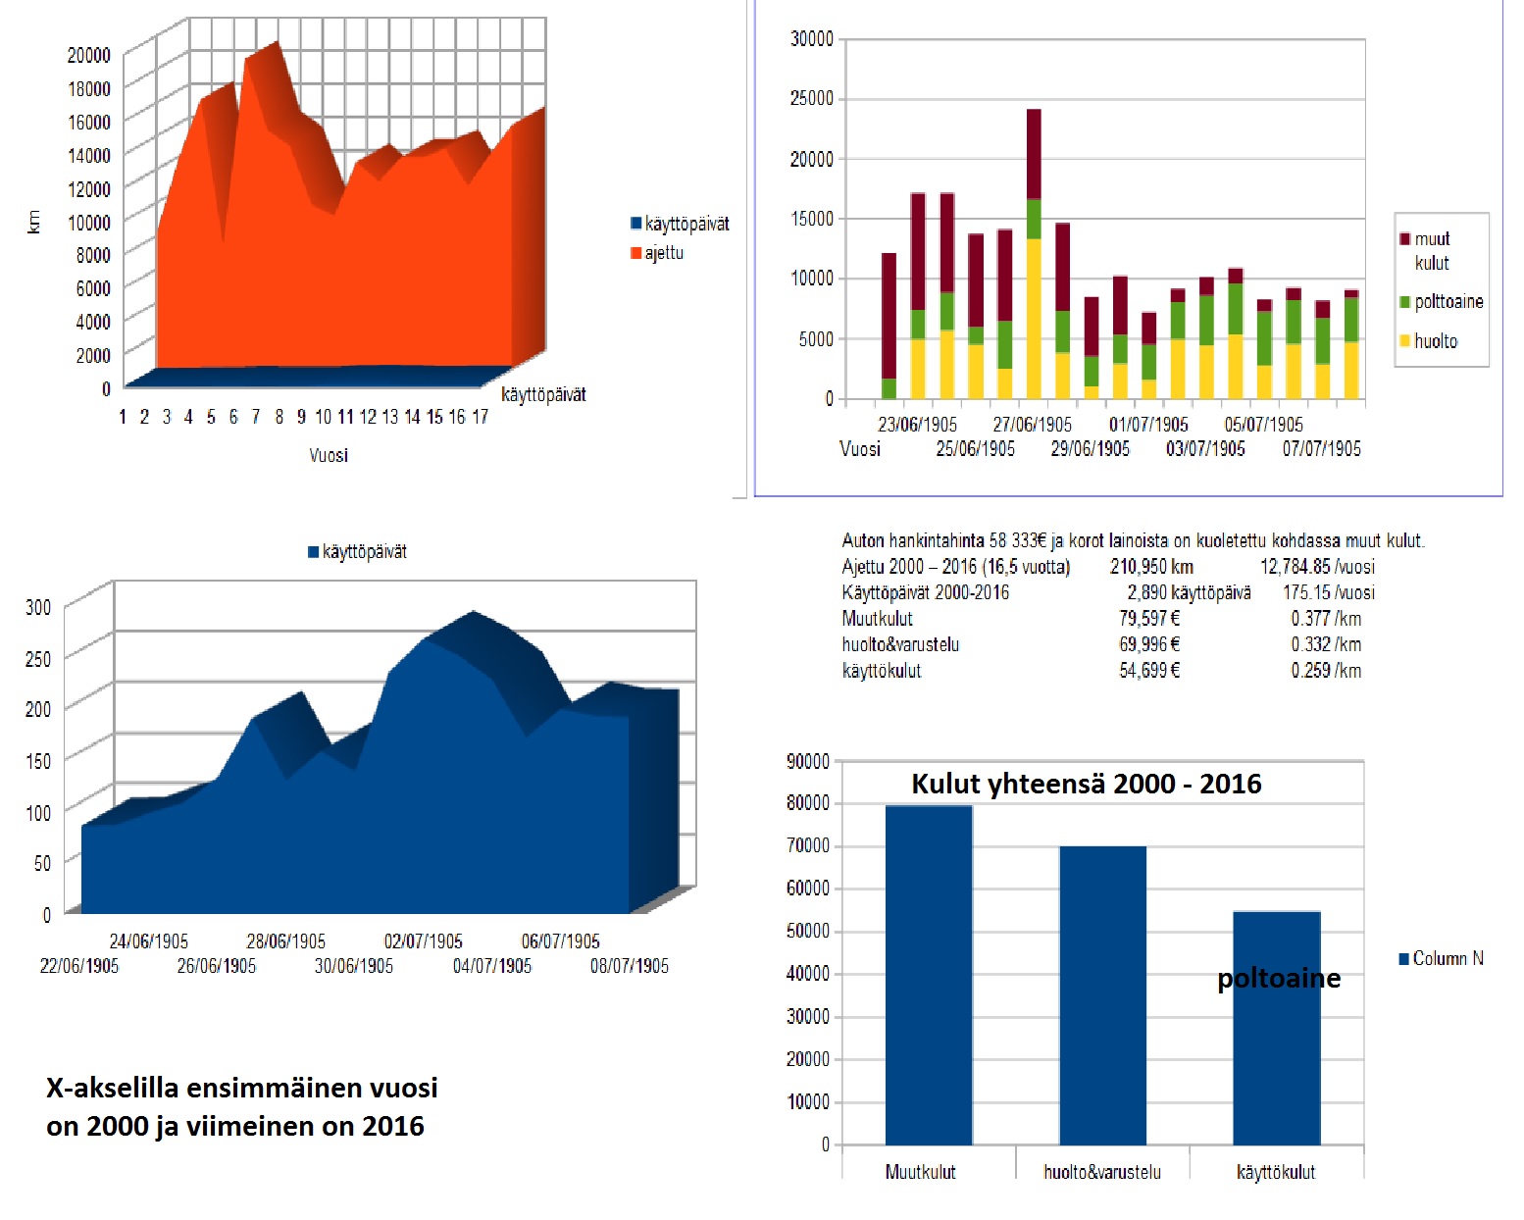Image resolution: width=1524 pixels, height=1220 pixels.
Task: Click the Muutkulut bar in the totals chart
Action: [x=928, y=975]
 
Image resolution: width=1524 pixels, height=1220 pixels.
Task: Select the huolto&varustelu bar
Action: [x=1102, y=994]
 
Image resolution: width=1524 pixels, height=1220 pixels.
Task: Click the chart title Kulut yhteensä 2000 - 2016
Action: [x=1086, y=784]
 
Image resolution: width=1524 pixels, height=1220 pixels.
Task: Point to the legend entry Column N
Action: [x=1442, y=958]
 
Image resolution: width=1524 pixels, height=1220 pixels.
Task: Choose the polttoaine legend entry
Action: [x=1442, y=301]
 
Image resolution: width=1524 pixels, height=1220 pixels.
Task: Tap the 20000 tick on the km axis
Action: [x=88, y=55]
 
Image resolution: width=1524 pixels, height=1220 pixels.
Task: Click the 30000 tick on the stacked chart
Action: [x=811, y=39]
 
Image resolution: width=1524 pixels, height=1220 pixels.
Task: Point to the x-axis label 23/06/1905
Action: [x=917, y=425]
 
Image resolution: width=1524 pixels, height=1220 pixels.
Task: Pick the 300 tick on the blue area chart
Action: [x=38, y=607]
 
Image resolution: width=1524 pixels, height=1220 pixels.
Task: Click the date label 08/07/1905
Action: [x=629, y=966]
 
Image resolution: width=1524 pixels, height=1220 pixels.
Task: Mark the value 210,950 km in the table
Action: [x=1151, y=567]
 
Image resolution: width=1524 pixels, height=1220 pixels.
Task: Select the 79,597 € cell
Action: [x=1149, y=619]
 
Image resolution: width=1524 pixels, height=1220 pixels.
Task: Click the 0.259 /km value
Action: [x=1326, y=671]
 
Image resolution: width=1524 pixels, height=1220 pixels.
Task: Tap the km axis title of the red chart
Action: [x=34, y=222]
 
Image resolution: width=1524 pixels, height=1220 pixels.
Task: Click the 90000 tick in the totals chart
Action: [x=807, y=761]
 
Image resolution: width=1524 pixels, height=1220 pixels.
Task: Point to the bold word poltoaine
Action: [x=1278, y=979]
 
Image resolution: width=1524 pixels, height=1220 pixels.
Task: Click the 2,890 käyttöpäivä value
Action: [x=1189, y=592]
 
